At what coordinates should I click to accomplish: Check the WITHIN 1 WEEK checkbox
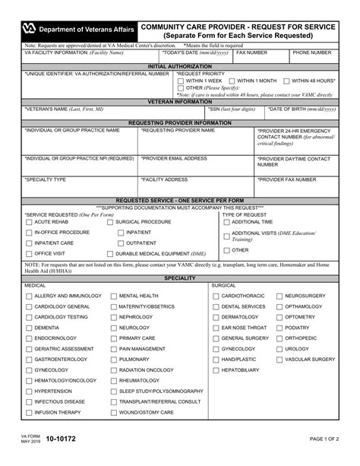[x=180, y=81]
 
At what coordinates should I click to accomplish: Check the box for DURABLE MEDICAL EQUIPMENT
[x=110, y=253]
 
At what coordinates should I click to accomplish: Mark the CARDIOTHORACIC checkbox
[x=215, y=295]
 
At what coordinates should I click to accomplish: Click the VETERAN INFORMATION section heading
[x=180, y=100]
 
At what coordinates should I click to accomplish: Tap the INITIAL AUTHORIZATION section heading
[x=180, y=66]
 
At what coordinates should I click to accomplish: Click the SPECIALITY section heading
[x=180, y=278]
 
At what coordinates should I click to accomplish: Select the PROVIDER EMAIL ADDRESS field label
[x=175, y=158]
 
